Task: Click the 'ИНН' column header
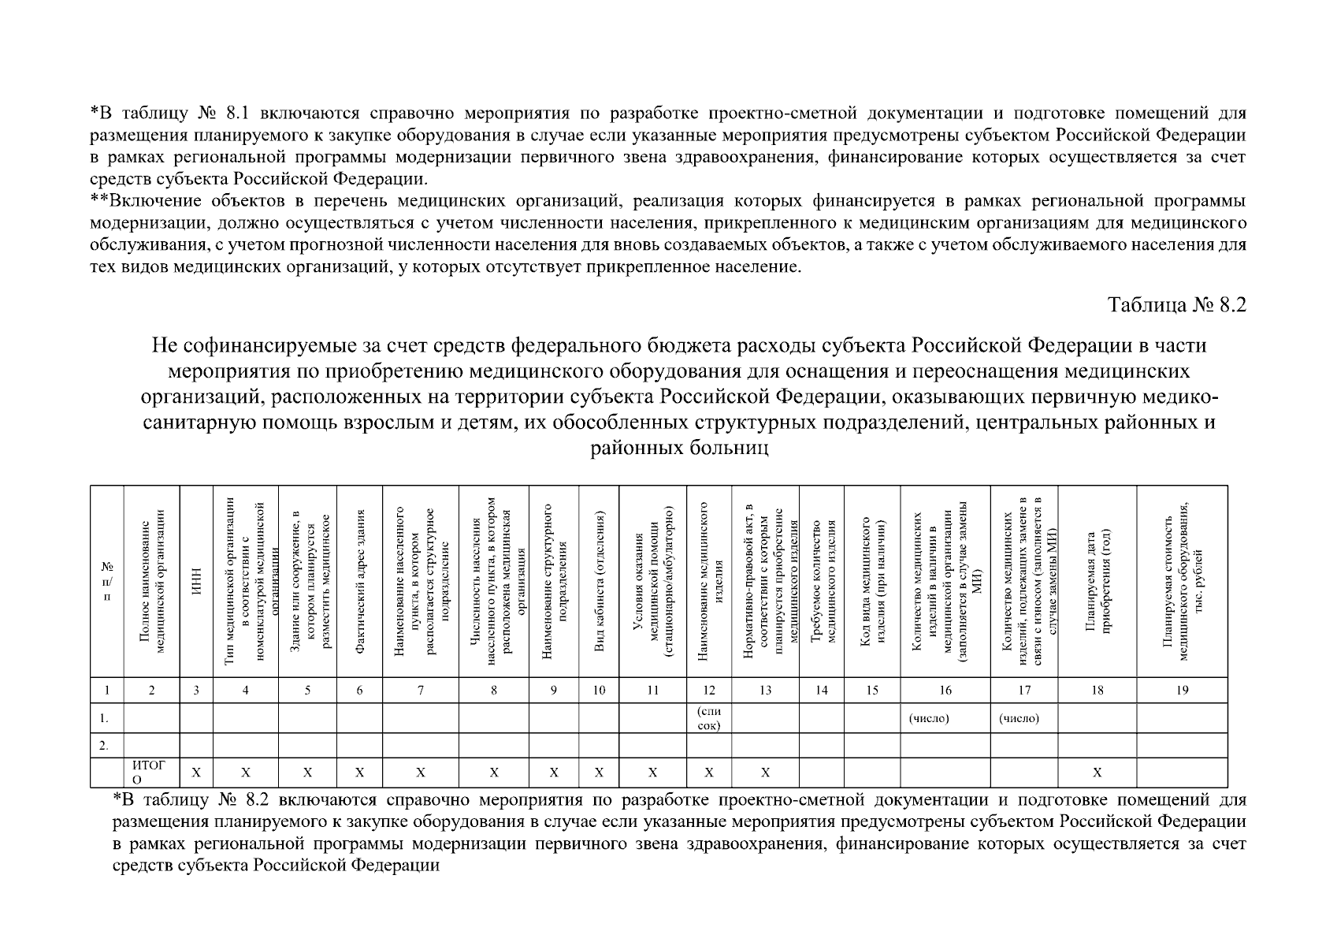click(196, 582)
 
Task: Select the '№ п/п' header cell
click(107, 582)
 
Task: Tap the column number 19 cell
click(1182, 691)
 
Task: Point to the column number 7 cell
click(421, 691)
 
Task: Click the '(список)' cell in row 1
click(709, 718)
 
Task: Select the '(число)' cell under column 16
click(930, 718)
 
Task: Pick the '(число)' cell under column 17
click(1019, 718)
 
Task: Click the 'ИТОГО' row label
click(150, 772)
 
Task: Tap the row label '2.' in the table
click(105, 745)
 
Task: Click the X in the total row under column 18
click(1097, 773)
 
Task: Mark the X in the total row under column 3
click(196, 773)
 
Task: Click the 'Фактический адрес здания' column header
click(360, 582)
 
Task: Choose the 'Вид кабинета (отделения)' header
click(600, 582)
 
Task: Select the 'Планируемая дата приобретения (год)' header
click(1097, 582)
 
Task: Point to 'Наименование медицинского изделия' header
click(709, 582)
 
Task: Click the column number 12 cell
click(709, 691)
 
